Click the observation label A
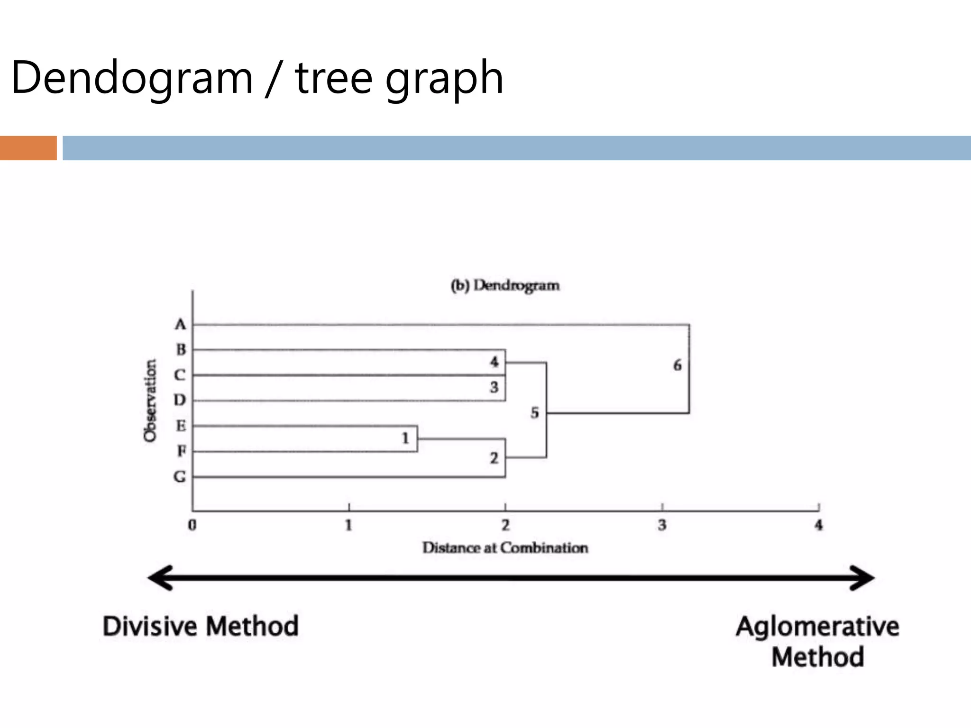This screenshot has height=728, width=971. (180, 325)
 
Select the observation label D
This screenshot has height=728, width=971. (179, 400)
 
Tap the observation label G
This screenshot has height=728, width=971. (180, 476)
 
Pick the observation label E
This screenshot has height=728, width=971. (181, 426)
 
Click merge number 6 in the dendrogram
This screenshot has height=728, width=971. (678, 365)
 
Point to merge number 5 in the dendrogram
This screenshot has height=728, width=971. (535, 413)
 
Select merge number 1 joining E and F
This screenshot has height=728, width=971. (405, 438)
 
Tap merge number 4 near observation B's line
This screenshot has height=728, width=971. (495, 362)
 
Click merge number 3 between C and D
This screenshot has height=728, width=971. (495, 387)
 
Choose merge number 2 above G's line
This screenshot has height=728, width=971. (495, 458)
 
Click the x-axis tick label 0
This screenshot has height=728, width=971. (192, 525)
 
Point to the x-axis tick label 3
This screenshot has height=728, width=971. (662, 525)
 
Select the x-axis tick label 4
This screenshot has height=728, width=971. (818, 525)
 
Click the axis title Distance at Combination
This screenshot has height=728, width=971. (505, 548)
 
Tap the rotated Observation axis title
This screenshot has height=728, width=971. (150, 400)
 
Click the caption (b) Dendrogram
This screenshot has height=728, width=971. (505, 286)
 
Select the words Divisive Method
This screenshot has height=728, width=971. (201, 626)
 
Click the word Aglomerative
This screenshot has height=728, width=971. (817, 626)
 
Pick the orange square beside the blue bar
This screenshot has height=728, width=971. (28, 148)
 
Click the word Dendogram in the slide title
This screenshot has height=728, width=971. (132, 78)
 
